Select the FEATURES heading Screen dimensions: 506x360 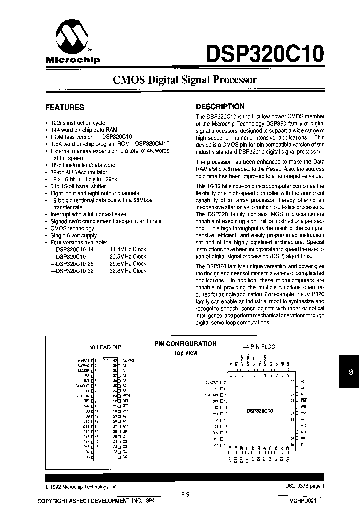click(65, 107)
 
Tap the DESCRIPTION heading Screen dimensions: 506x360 click(220, 106)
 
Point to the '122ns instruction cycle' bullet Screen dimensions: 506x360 click(78, 123)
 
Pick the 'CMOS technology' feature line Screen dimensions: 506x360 click(72, 228)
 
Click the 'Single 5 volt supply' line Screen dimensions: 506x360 click(74, 235)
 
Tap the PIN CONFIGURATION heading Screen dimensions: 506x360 click(185, 344)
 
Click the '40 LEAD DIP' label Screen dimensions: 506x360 click(105, 347)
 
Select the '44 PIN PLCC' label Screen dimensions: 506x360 click(259, 346)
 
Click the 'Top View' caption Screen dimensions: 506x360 click(185, 353)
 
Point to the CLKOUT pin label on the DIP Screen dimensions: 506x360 click(83, 385)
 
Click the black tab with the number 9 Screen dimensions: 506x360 click(350, 371)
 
